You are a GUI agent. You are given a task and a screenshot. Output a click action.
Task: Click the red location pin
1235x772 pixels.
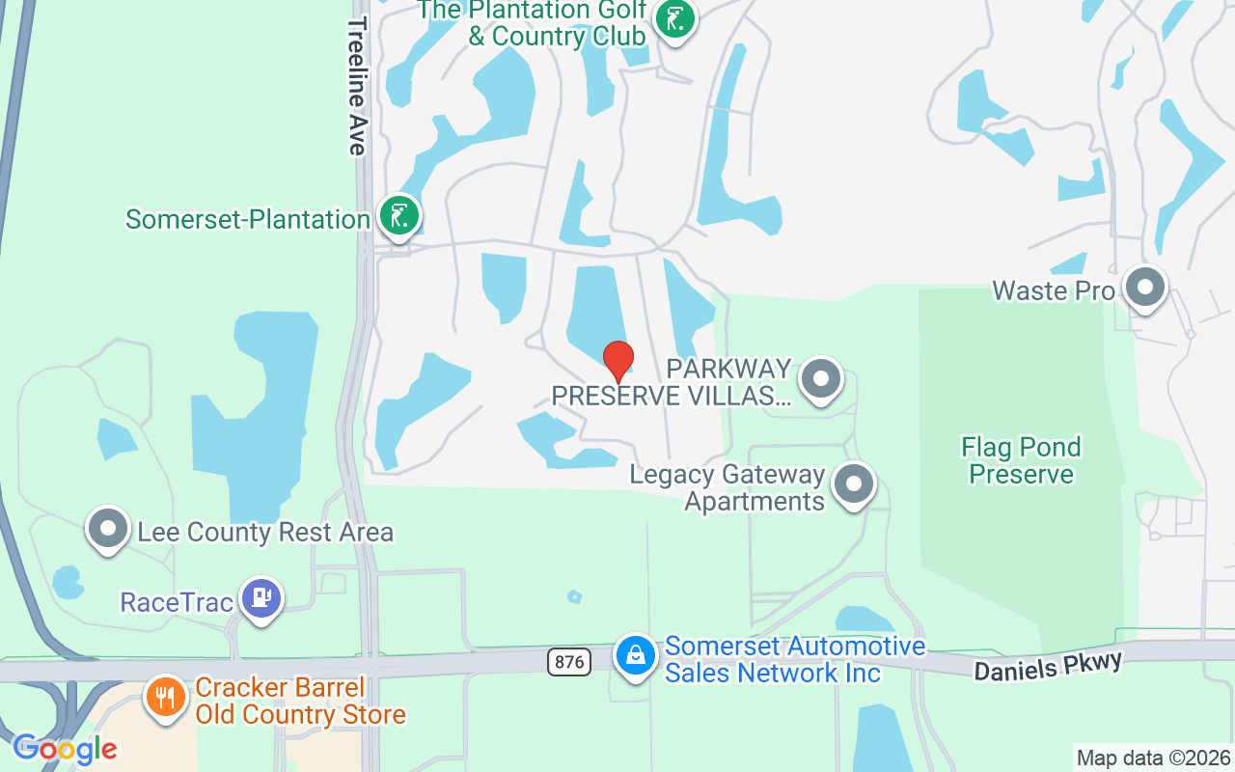pos(617,361)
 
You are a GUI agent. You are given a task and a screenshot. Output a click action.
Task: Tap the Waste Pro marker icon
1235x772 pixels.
pos(1145,288)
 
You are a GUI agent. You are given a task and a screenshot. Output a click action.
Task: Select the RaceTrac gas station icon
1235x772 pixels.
pos(260,598)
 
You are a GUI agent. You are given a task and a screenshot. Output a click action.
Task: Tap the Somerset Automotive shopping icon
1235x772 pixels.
pos(636,655)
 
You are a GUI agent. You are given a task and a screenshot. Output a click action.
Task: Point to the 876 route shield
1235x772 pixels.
pos(567,661)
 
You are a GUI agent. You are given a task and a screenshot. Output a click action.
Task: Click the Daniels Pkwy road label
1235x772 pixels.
pos(1048,666)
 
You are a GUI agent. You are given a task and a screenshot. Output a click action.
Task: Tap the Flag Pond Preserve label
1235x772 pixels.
pos(1021,460)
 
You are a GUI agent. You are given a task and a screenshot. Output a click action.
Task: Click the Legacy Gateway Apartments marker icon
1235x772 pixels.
pos(853,484)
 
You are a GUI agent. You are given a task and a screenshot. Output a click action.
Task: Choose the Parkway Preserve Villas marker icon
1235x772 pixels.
pos(821,378)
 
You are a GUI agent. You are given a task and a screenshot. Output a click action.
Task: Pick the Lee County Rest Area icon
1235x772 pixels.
pos(108,528)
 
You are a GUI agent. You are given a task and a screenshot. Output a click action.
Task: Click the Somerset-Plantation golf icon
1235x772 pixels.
pos(398,215)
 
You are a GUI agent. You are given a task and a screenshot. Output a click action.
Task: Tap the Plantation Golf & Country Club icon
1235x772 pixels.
pos(674,19)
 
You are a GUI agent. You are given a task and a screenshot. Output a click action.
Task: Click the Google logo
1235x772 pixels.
pos(65,749)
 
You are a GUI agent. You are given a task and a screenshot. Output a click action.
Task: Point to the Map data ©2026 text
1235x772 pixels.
pos(1153,758)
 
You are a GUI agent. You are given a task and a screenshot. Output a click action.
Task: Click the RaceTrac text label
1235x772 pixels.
pos(177,602)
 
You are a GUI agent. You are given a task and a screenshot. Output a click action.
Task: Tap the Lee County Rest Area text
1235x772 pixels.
pos(265,532)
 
